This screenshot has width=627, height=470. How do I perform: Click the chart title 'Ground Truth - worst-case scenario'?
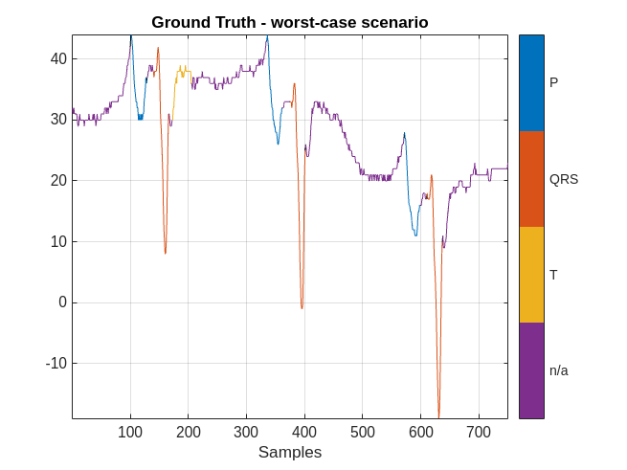tap(289, 22)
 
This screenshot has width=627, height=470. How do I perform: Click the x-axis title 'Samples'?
tap(289, 453)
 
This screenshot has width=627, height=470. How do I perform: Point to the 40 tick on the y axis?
tap(58, 58)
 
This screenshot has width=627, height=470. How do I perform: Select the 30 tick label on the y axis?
tap(58, 120)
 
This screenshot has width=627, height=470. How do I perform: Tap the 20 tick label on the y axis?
tap(58, 180)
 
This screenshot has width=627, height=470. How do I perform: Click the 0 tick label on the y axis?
tap(62, 302)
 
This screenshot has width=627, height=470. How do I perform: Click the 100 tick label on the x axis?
tap(130, 432)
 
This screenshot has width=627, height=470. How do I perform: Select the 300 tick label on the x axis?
tap(246, 432)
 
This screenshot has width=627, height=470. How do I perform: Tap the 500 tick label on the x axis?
tap(362, 432)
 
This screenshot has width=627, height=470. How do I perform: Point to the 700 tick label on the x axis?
tap(479, 432)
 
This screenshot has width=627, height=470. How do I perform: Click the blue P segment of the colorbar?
tap(531, 83)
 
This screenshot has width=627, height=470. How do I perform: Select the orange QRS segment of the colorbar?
tap(531, 179)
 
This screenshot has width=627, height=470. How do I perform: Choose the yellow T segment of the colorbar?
tap(531, 275)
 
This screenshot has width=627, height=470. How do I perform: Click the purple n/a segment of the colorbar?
tap(531, 370)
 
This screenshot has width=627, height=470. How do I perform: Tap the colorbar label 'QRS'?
tap(564, 179)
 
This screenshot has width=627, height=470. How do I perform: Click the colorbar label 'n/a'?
tap(559, 370)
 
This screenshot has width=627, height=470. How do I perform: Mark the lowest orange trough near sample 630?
tap(438, 415)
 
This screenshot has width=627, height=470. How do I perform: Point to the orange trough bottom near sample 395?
tap(302, 307)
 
